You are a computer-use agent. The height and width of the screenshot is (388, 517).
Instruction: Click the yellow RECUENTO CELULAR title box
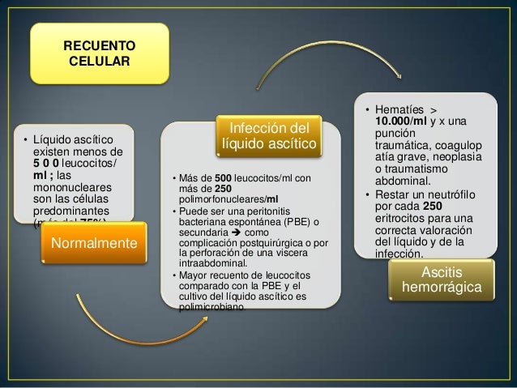pyautogui.click(x=100, y=53)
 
